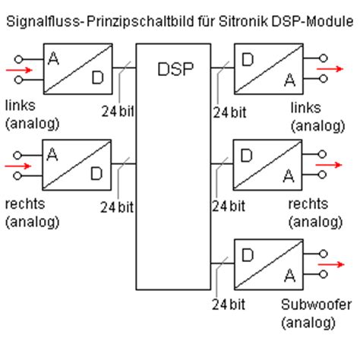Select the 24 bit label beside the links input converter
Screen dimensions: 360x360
(119, 112)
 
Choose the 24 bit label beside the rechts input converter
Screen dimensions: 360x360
(119, 206)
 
